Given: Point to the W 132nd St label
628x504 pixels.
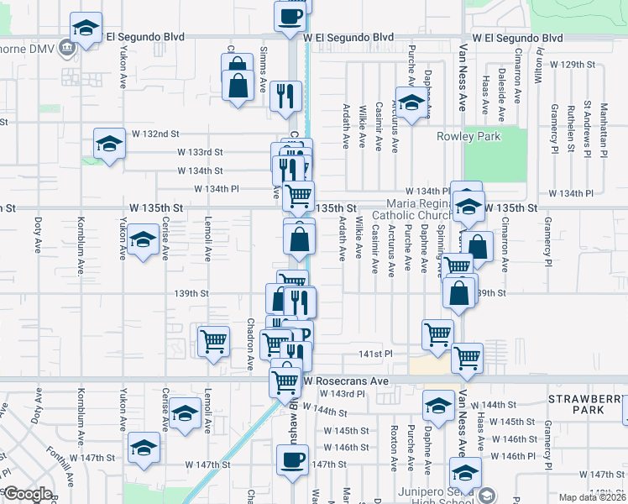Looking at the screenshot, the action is pos(155,134).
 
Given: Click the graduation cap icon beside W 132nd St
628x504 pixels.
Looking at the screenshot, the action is pos(109,144).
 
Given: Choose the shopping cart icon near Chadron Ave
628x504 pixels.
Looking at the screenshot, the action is pos(214,341).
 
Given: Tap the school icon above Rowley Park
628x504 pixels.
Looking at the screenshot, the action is pos(411,104).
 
